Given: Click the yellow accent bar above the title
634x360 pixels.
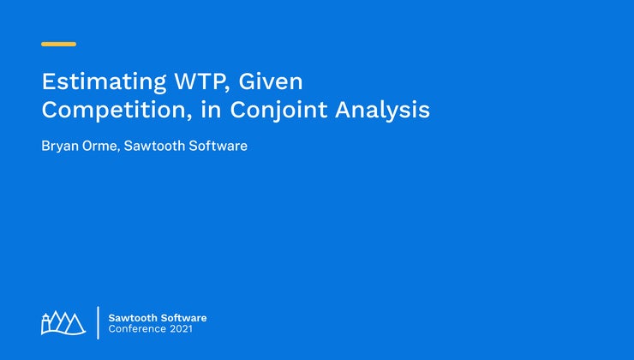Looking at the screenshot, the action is [58, 44].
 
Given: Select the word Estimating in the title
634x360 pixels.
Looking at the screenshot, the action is [104, 82].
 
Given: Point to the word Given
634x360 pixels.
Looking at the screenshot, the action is [271, 81].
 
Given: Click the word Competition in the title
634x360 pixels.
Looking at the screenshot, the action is [115, 110].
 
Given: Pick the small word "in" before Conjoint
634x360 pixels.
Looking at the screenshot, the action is [211, 110].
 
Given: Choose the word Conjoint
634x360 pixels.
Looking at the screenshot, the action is [278, 111].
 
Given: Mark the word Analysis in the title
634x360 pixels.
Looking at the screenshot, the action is [382, 111].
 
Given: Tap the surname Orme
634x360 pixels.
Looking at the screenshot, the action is [100, 146].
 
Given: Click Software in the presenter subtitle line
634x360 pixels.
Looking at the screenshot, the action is [218, 146].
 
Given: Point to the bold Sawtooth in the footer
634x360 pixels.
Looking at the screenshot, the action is [132, 318].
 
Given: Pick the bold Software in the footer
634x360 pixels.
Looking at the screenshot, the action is [182, 318].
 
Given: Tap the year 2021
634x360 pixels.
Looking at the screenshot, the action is [181, 328].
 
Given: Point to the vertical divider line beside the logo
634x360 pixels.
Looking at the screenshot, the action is [98, 323].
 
